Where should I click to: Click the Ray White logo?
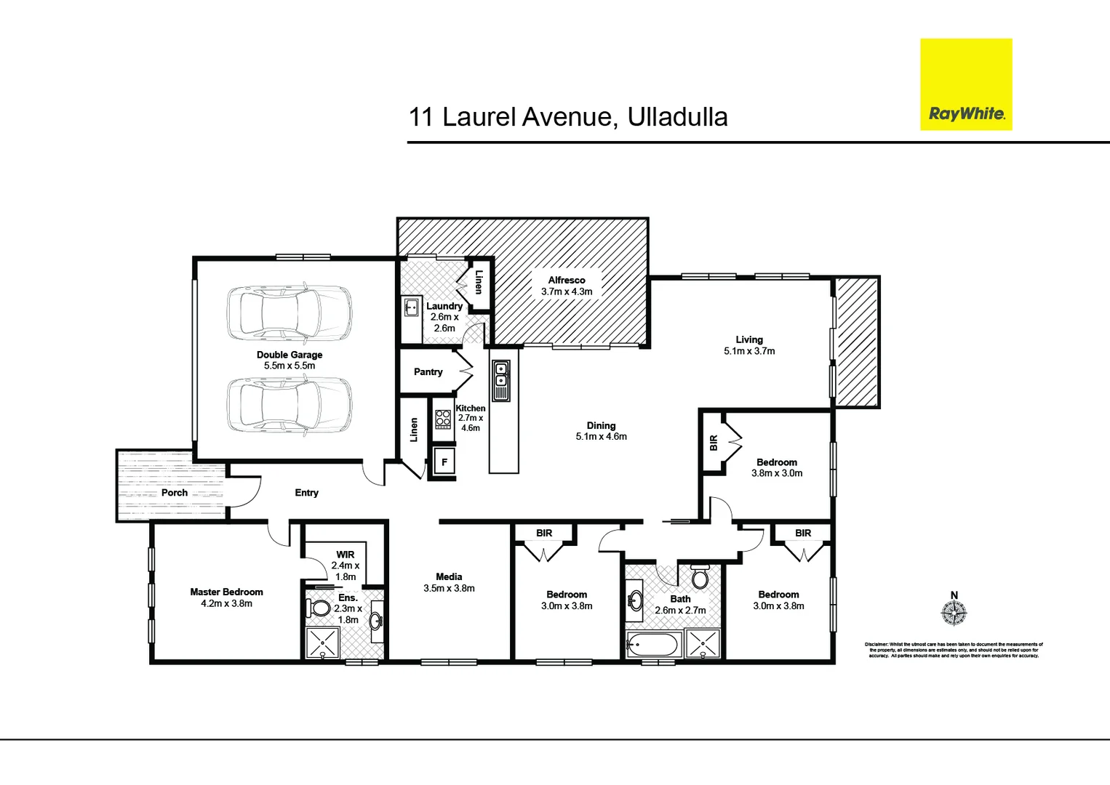point(966,85)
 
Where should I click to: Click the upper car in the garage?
point(290,313)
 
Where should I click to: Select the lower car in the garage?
point(290,406)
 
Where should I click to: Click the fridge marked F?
point(444,462)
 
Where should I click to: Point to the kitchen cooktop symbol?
point(443,419)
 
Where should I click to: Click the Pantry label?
point(428,372)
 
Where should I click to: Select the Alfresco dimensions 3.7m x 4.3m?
point(567,291)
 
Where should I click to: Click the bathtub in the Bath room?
point(652,645)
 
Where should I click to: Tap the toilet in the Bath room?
point(700,577)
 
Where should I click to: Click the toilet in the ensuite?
point(319,607)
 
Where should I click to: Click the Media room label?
point(449,576)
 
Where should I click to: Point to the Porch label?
point(175,493)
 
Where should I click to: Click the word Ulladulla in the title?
point(677,117)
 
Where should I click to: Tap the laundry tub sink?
point(412,307)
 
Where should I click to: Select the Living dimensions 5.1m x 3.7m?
point(749,351)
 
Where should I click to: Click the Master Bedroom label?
point(226,592)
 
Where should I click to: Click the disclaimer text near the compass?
point(954,650)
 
